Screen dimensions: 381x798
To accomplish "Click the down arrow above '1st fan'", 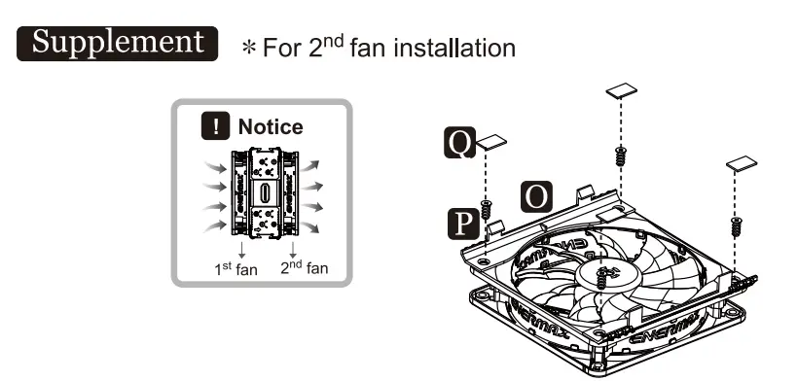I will pyautogui.click(x=242, y=249).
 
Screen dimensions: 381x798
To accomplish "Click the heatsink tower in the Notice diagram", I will pyautogui.click(x=265, y=192).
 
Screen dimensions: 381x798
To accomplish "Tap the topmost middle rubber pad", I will pyautogui.click(x=621, y=93).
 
